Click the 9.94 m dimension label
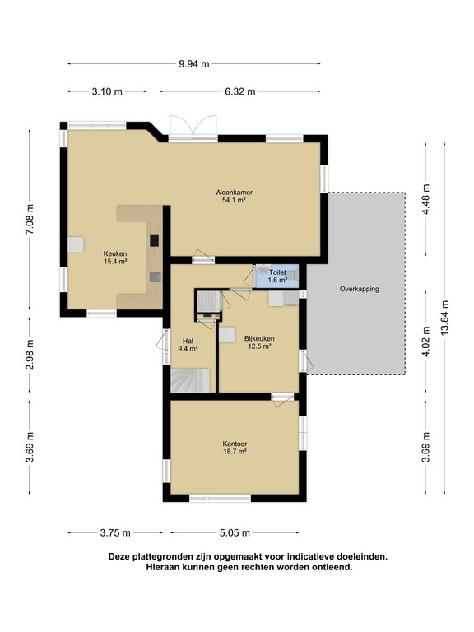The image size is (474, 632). coord(194,63)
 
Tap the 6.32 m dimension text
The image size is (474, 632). coord(240,91)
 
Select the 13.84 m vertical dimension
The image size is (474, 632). coord(444,317)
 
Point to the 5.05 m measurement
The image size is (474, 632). coord(235,533)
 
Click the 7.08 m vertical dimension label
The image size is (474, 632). coord(30,219)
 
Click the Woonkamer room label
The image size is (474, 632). coord(234,193)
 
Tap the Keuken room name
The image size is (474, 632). coord(115,253)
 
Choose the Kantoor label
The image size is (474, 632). coord(235,444)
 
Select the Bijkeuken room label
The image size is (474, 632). coord(259,338)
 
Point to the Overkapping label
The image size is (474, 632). coord(359,289)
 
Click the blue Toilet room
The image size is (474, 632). coord(276,276)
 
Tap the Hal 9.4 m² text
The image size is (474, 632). coord(188,345)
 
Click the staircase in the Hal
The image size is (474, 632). coord(190,380)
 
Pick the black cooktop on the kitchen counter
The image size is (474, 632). coord(155,240)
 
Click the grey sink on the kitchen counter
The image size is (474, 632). coord(155,276)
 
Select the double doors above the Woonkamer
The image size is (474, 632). coord(193,128)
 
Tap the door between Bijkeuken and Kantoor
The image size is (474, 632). coord(282,399)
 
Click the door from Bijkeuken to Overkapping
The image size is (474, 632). coord(306,361)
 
